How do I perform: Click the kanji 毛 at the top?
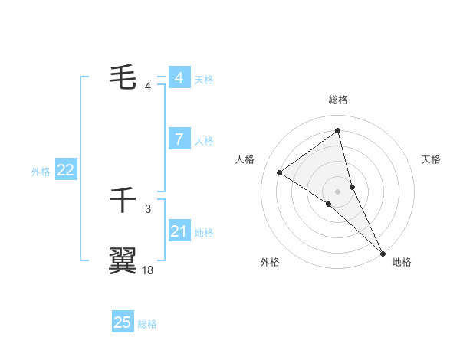(123, 77)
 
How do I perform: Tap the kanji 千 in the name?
(123, 201)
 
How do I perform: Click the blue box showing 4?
(179, 77)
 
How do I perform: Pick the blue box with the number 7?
(179, 139)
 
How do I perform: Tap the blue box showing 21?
(179, 231)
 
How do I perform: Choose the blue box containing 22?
(65, 170)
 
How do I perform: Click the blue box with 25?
(123, 322)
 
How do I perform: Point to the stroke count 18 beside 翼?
(148, 270)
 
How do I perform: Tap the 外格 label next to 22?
(41, 172)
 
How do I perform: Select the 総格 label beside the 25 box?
(147, 324)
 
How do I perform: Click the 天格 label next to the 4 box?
(204, 79)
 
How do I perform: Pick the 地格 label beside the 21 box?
(204, 232)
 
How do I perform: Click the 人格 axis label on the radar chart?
(245, 159)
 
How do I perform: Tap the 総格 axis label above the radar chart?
(338, 100)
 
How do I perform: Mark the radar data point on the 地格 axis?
(383, 253)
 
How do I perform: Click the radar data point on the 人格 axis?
(280, 172)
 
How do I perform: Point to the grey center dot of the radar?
(338, 191)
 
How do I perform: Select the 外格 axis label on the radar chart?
(270, 263)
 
